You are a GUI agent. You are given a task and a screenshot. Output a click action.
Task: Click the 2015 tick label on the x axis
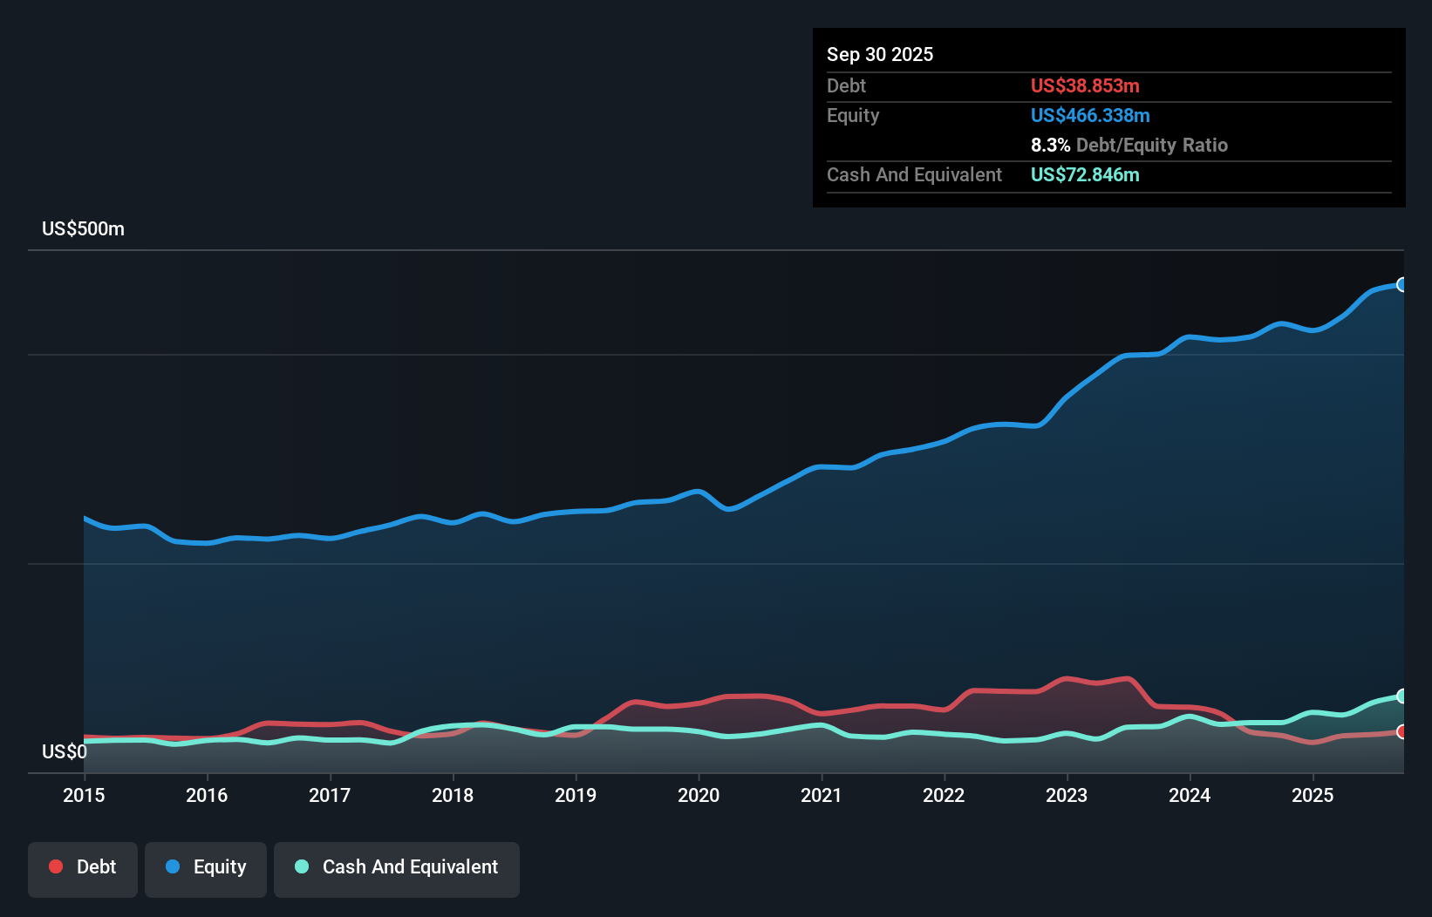pos(84,795)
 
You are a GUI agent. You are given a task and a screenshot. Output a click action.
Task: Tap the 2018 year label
pos(453,795)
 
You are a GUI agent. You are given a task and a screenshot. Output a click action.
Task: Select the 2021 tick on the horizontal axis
pos(822,795)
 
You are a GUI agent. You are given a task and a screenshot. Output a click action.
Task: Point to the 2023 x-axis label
pos(1067,795)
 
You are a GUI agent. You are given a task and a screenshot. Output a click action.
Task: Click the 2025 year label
pos(1313,795)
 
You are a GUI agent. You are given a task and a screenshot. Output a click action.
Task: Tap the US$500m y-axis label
pos(83,229)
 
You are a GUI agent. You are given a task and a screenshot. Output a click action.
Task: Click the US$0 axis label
pos(65,751)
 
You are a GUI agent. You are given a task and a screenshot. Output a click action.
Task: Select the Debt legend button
pos(83,867)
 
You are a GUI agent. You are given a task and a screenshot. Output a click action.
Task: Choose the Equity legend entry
pos(206,867)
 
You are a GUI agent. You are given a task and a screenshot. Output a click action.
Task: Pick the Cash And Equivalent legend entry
pos(397,867)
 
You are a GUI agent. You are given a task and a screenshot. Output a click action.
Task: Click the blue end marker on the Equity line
pos(1401,285)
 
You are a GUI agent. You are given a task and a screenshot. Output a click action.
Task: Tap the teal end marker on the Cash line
pos(1401,696)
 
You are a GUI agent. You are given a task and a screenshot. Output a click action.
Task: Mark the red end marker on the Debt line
pos(1401,731)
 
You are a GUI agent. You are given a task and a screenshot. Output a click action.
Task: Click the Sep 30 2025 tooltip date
pos(880,55)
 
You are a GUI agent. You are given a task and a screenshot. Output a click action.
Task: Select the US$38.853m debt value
pos(1085,86)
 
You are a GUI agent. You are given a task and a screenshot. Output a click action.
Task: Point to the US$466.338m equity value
pos(1090,116)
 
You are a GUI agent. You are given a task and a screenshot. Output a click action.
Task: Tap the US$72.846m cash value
pos(1085,175)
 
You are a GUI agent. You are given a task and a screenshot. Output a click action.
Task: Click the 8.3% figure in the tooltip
pos(1050,146)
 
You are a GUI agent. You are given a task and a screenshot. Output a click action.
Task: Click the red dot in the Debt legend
pos(56,866)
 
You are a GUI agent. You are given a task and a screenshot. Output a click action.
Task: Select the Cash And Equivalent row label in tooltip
pos(914,175)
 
